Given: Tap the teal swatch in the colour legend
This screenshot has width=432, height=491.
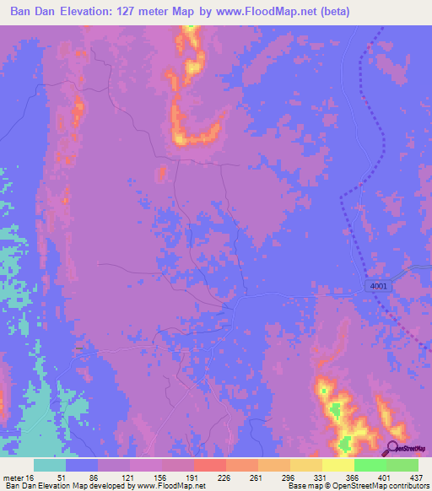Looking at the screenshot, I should (50, 465).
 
